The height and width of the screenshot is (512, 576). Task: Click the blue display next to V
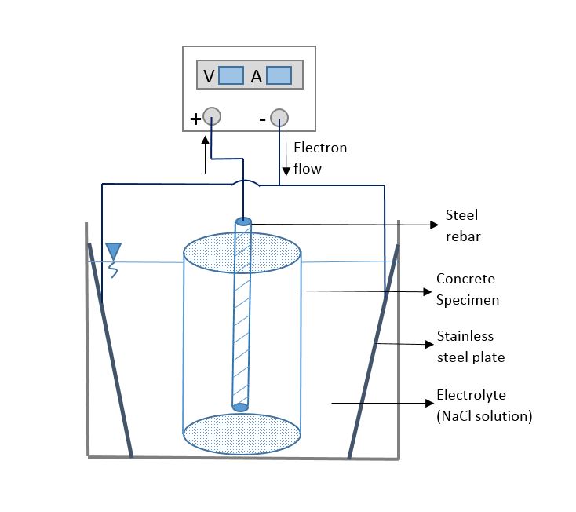tap(231, 75)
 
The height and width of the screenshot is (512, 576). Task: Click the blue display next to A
tap(279, 75)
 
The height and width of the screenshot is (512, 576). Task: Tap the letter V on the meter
tap(208, 76)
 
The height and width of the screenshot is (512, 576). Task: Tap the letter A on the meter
tap(256, 76)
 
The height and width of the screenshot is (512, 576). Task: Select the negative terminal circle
tap(279, 119)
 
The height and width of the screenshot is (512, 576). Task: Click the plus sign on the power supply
tap(195, 119)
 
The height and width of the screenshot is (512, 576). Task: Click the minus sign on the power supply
tap(262, 119)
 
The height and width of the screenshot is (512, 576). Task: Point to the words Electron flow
tap(319, 158)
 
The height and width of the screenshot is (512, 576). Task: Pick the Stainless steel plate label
tap(469, 346)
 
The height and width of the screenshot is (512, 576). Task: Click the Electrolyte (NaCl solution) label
tap(483, 405)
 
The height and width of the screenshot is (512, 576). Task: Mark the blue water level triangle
tap(114, 251)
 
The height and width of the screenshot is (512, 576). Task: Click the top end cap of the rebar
tap(243, 221)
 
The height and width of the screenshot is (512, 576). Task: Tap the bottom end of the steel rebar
tap(241, 406)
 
